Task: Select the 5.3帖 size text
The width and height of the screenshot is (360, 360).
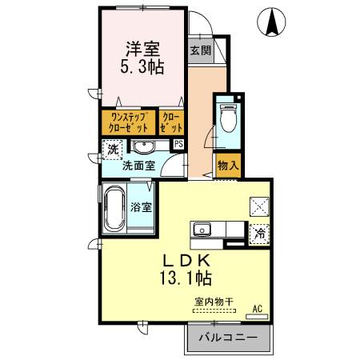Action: pos(144,68)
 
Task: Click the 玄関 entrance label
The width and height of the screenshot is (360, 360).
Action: pos(200,50)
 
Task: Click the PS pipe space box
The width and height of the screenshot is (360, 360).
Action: pos(178,144)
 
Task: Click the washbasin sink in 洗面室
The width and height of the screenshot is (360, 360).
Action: pos(144,146)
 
